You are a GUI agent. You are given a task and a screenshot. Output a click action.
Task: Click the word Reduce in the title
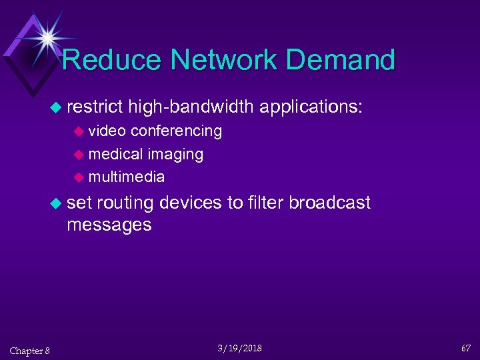(112, 59)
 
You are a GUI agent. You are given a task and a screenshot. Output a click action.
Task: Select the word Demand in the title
(351, 59)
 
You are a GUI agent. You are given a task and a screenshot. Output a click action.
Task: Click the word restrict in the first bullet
(95, 107)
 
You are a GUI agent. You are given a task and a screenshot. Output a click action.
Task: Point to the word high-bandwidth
(191, 107)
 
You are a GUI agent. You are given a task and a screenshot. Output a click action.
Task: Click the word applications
(311, 107)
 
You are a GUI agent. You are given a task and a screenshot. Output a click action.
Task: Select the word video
(108, 131)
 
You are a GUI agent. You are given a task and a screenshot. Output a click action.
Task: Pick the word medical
(116, 154)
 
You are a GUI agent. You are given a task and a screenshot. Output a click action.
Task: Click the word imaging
(175, 154)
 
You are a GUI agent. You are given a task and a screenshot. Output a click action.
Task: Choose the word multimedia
(126, 177)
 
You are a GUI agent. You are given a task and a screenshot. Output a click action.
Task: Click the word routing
(125, 203)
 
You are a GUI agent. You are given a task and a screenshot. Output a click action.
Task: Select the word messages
(109, 225)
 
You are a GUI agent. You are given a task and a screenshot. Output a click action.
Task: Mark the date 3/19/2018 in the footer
(240, 348)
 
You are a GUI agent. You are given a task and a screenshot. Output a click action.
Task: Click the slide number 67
(465, 349)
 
